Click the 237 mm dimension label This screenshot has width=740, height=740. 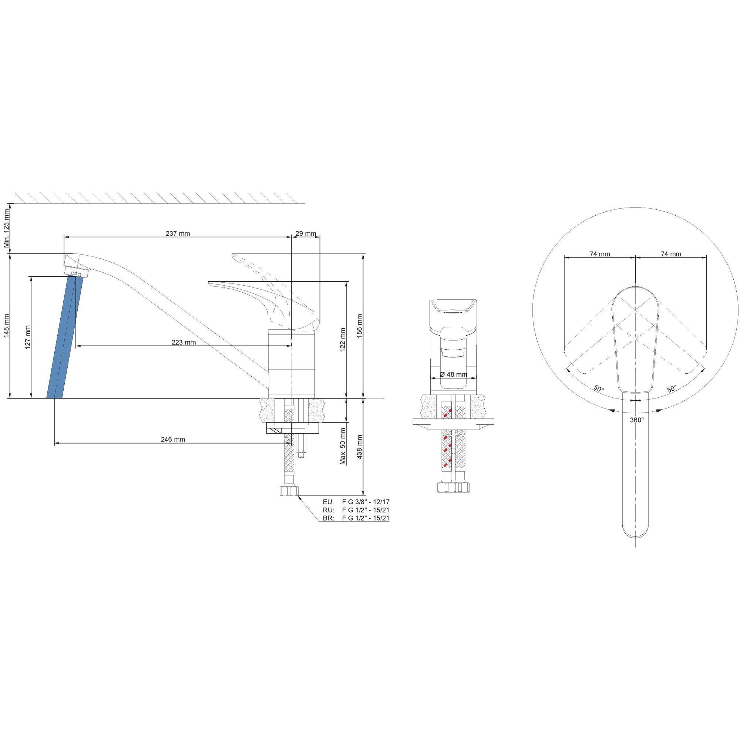pyautogui.click(x=178, y=233)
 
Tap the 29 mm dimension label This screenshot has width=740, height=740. pyautogui.click(x=306, y=233)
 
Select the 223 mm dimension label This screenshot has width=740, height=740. pyautogui.click(x=184, y=342)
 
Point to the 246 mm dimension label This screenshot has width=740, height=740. pyautogui.click(x=173, y=439)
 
